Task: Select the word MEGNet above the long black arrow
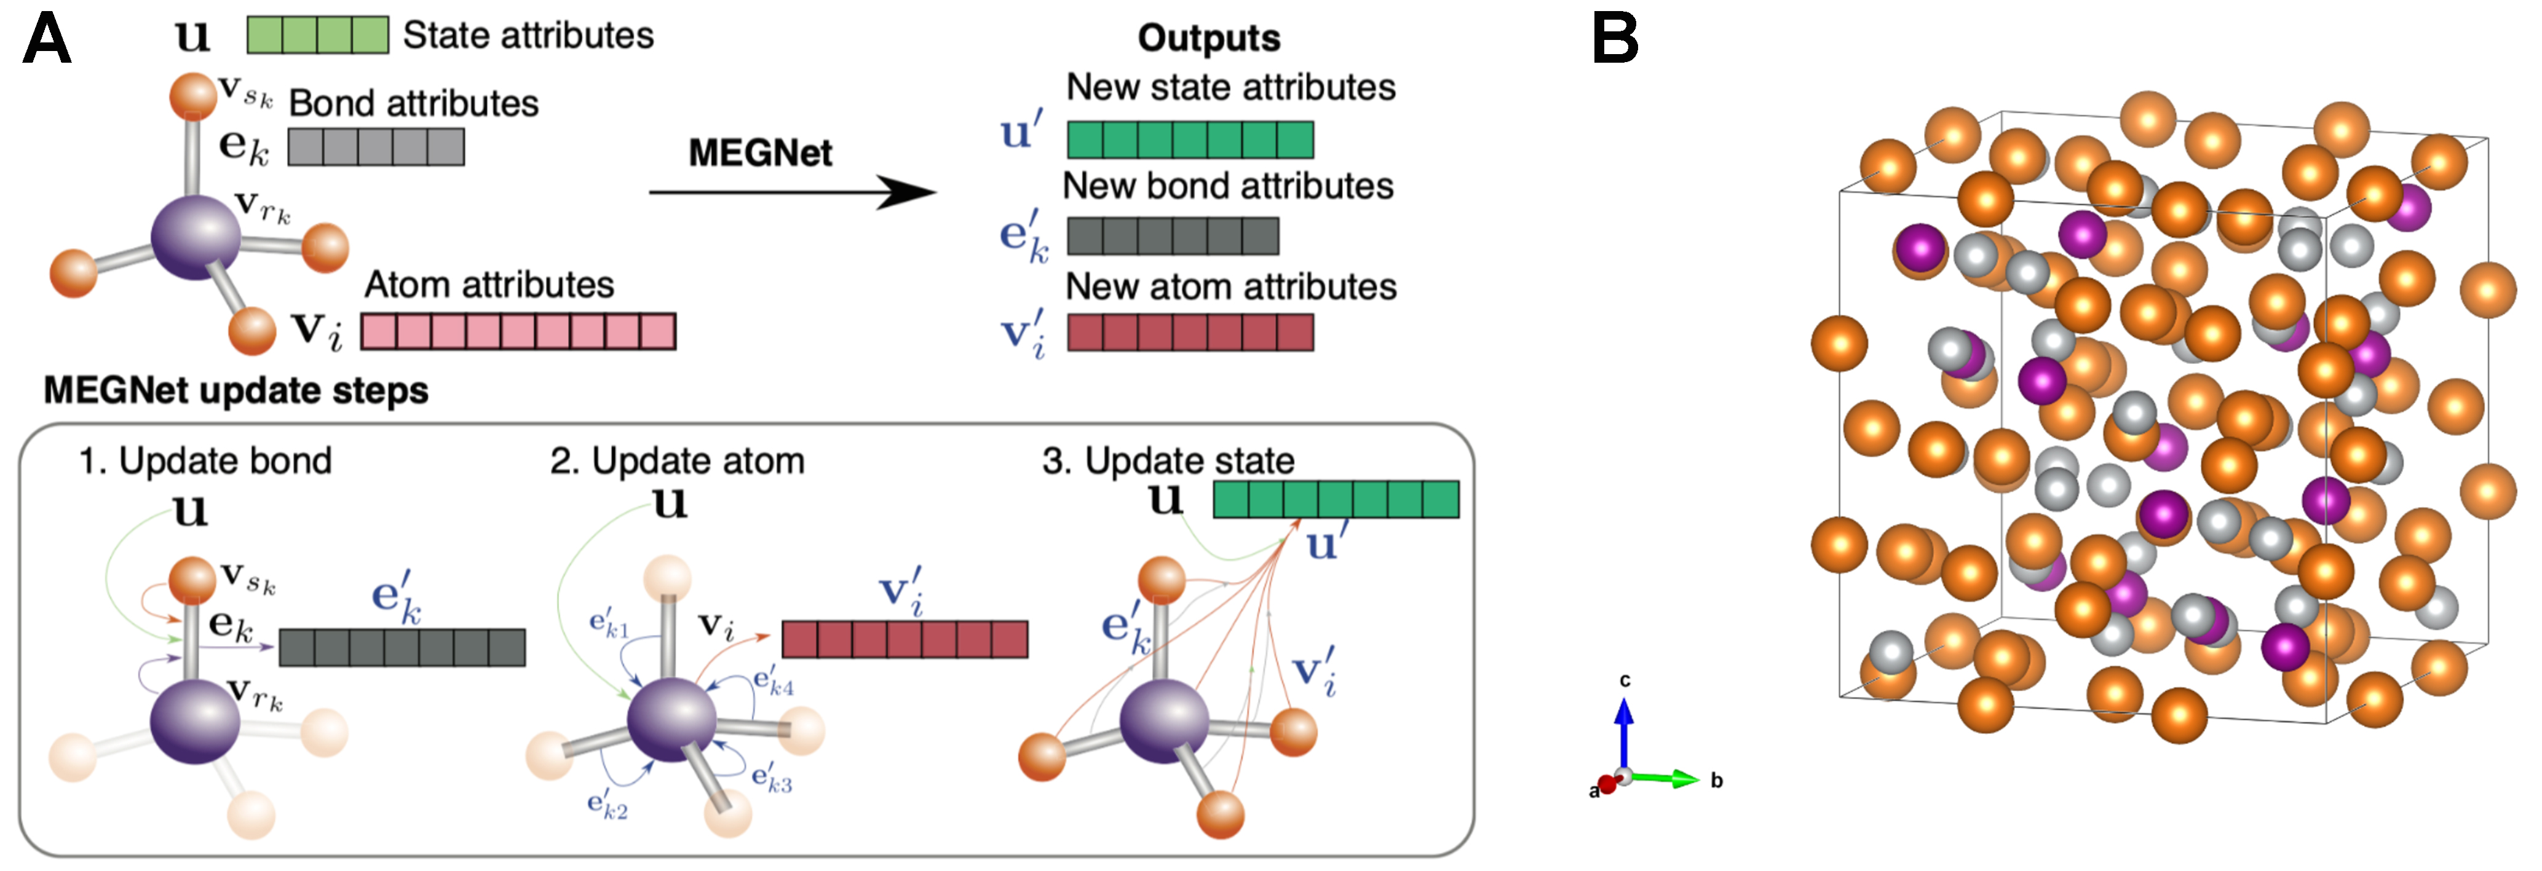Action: click(x=760, y=153)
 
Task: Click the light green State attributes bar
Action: click(x=317, y=36)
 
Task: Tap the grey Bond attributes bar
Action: click(x=375, y=147)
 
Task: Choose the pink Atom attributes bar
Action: click(x=518, y=331)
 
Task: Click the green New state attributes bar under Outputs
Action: click(x=1190, y=139)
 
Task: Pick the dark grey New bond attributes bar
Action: click(x=1173, y=236)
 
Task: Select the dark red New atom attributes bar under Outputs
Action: click(x=1190, y=333)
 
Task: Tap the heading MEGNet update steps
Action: click(x=236, y=390)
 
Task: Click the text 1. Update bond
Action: click(x=205, y=460)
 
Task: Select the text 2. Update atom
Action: click(x=677, y=460)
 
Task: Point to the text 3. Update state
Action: click(x=1168, y=460)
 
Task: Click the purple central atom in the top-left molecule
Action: click(x=196, y=237)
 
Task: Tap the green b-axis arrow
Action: click(x=1668, y=778)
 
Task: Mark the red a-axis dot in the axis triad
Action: click(x=1607, y=785)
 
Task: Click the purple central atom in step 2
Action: click(x=671, y=720)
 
